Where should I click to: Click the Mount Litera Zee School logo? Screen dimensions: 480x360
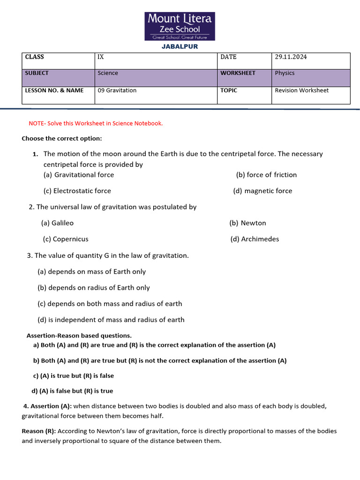tap(180, 26)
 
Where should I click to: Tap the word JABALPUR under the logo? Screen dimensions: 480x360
tap(180, 46)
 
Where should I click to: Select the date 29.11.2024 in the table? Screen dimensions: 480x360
tap(291, 57)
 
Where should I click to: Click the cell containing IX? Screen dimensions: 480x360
tap(101, 57)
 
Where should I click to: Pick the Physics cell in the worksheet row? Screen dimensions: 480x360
tap(285, 73)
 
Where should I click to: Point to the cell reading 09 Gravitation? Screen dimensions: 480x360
tap(117, 90)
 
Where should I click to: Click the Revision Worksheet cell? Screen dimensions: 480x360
tap(301, 90)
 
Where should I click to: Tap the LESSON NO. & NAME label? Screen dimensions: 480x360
tap(54, 90)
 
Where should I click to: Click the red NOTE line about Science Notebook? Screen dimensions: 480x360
tap(96, 123)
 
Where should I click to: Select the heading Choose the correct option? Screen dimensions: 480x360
tap(61, 139)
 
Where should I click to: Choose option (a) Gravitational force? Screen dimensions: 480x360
tap(79, 175)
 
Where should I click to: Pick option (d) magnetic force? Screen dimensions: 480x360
tap(262, 191)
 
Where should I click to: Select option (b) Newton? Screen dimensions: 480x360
tap(247, 223)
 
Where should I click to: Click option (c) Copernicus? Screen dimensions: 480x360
tap(66, 239)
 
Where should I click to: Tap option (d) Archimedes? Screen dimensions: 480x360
tap(255, 239)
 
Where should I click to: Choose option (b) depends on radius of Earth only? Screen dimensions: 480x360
tap(94, 288)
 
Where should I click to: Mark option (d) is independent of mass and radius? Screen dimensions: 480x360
tap(111, 320)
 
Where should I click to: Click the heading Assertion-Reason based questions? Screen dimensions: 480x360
tap(79, 336)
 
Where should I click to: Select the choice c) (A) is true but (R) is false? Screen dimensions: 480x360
tap(74, 376)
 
